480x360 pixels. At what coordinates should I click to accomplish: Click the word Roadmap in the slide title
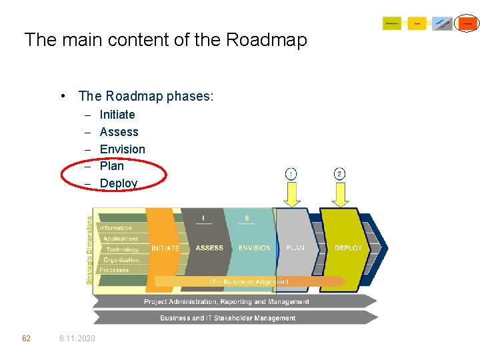tap(267, 40)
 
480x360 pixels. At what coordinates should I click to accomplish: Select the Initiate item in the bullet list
tap(117, 115)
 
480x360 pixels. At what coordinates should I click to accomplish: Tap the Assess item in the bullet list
tap(119, 132)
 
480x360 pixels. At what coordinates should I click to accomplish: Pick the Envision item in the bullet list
tap(122, 149)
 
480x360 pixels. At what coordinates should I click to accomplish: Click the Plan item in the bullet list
tap(111, 166)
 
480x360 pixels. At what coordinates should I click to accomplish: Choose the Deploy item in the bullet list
tap(119, 183)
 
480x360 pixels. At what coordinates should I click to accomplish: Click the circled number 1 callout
tap(291, 174)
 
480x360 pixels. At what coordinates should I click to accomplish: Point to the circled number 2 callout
tap(340, 174)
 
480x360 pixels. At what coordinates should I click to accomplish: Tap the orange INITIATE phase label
tap(165, 249)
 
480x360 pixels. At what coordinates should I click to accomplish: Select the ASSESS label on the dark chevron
tap(209, 248)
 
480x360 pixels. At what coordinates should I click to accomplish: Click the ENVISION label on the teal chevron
tap(255, 248)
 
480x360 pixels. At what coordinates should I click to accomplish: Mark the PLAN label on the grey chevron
tap(295, 248)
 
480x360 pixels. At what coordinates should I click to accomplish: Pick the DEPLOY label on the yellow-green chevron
tap(349, 248)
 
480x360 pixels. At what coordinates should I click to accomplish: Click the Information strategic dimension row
tap(116, 228)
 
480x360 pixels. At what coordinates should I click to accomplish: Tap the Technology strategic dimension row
tap(122, 249)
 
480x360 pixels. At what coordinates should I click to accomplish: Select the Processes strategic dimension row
tap(115, 270)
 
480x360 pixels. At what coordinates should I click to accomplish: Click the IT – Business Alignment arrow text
tap(249, 282)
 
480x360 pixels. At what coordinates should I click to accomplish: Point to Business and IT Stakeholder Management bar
tap(227, 318)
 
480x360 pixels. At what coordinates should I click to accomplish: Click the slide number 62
tap(26, 339)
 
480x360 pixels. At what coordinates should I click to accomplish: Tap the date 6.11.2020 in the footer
tap(77, 339)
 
